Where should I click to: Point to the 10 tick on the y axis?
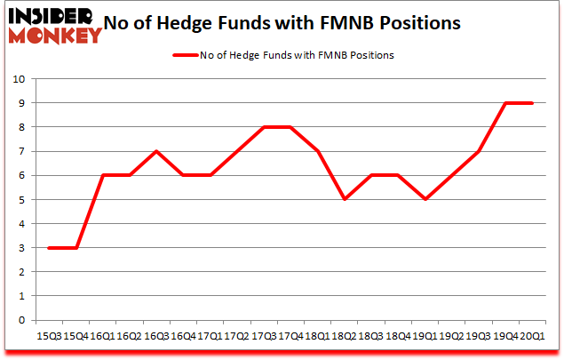[x=20, y=79]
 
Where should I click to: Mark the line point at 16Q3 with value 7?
[x=156, y=151]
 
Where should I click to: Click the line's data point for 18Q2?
[x=344, y=199]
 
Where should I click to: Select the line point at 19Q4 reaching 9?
[x=505, y=103]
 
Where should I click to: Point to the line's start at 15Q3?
[x=48, y=248]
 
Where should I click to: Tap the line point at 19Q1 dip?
[x=425, y=199]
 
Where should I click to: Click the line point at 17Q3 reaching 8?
[x=264, y=127]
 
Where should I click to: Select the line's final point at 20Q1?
[x=533, y=103]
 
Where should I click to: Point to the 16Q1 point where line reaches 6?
[x=102, y=175]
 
